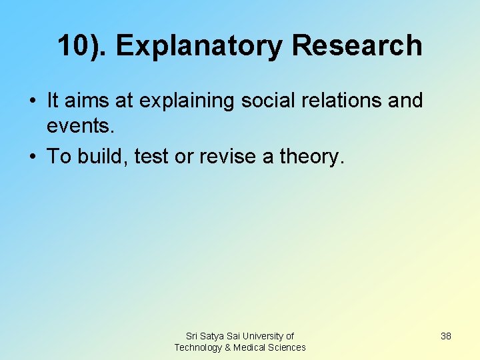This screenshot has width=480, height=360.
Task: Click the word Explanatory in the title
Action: tap(199, 46)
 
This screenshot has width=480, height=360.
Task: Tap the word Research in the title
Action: tap(357, 46)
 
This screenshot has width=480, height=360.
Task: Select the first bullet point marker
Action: tap(33, 101)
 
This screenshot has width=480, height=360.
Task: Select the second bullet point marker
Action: tap(33, 157)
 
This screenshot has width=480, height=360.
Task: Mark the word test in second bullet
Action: tap(150, 157)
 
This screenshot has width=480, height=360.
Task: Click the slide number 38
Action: tap(446, 336)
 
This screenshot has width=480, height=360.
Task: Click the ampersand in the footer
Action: tap(228, 347)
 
